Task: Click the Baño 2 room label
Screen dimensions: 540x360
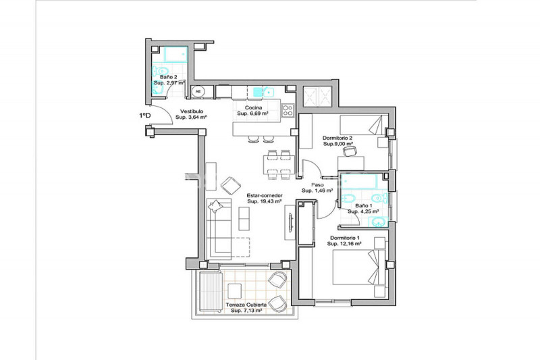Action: [x=168, y=77]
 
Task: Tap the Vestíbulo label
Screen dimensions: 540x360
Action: [x=192, y=111]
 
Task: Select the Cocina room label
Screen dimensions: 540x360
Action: [x=254, y=108]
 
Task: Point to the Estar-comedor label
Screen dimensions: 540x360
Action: [x=265, y=195]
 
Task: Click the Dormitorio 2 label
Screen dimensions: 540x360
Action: [x=337, y=138]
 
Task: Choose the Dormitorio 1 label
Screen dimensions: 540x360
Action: [x=345, y=238]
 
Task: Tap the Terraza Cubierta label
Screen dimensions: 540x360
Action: [x=246, y=305]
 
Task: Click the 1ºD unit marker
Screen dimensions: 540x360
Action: [x=145, y=115]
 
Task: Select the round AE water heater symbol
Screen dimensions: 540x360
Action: [x=198, y=92]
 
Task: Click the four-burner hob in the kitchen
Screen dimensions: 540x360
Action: [x=288, y=111]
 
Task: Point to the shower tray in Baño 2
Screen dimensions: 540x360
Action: [x=175, y=54]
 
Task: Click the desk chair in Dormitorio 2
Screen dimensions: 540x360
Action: [x=349, y=151]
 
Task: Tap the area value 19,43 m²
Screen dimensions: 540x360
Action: [x=269, y=201]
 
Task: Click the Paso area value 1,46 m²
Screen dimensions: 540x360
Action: [x=323, y=190]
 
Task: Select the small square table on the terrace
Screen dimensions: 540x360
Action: [x=234, y=290]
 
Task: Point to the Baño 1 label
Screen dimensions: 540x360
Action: [x=363, y=205]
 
